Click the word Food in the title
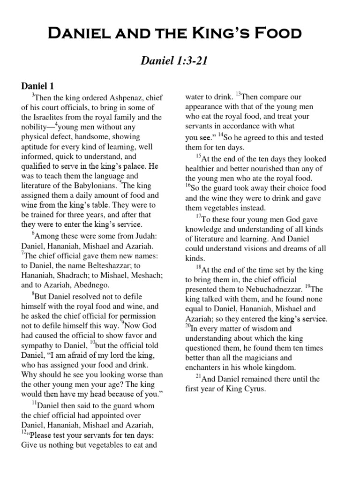pyautogui.click(x=274, y=33)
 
